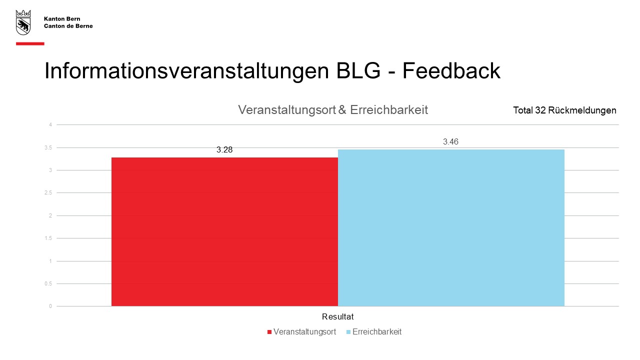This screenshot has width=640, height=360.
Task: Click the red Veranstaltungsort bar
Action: click(x=224, y=231)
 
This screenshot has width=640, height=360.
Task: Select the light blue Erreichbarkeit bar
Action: click(x=451, y=227)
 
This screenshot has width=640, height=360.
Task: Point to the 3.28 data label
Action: click(x=224, y=149)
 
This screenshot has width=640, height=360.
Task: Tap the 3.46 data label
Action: click(x=450, y=141)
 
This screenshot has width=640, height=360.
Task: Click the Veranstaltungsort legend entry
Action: click(x=301, y=331)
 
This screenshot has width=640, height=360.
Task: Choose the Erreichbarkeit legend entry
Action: click(x=374, y=331)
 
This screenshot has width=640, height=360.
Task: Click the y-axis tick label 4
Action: click(x=50, y=124)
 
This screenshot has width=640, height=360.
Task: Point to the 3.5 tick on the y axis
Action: click(x=48, y=147)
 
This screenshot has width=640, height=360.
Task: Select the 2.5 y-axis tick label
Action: click(x=48, y=193)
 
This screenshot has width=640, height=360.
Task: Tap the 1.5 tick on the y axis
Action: click(x=48, y=238)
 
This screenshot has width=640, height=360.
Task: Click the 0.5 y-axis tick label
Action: click(x=48, y=283)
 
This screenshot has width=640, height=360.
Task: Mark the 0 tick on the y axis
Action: click(x=50, y=306)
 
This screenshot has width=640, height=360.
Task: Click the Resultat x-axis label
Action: click(x=337, y=316)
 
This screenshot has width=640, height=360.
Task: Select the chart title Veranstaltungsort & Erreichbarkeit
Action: click(x=333, y=110)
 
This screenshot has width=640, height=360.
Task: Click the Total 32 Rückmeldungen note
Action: click(x=564, y=110)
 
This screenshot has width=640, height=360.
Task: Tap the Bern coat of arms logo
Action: click(x=23, y=22)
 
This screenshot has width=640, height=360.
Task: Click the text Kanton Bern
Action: click(x=62, y=19)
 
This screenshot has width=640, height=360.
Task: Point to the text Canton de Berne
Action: click(x=68, y=26)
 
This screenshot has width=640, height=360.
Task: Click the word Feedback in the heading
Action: click(x=451, y=70)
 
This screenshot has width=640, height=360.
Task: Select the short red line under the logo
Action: click(x=30, y=43)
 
